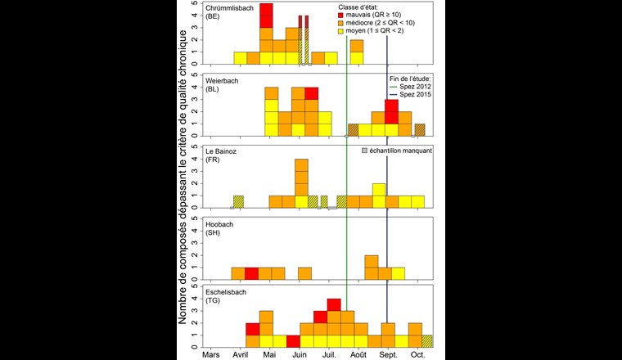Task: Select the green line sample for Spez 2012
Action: [x=393, y=87]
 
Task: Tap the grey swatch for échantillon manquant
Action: [x=364, y=151]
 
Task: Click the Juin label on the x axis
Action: [x=300, y=355]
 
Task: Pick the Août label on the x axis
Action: [x=358, y=355]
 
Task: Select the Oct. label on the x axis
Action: [x=417, y=355]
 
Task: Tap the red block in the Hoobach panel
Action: [x=252, y=273]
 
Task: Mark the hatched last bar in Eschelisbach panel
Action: [x=427, y=340]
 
